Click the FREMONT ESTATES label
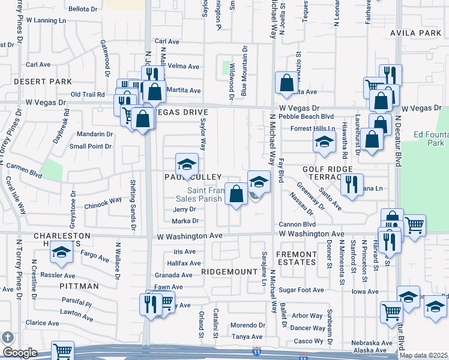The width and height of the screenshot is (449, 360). (x=296, y=259)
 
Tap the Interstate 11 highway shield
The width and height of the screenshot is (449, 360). (x=257, y=349)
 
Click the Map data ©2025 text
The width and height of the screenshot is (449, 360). (x=423, y=355)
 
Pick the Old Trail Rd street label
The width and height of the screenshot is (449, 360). (x=88, y=94)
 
